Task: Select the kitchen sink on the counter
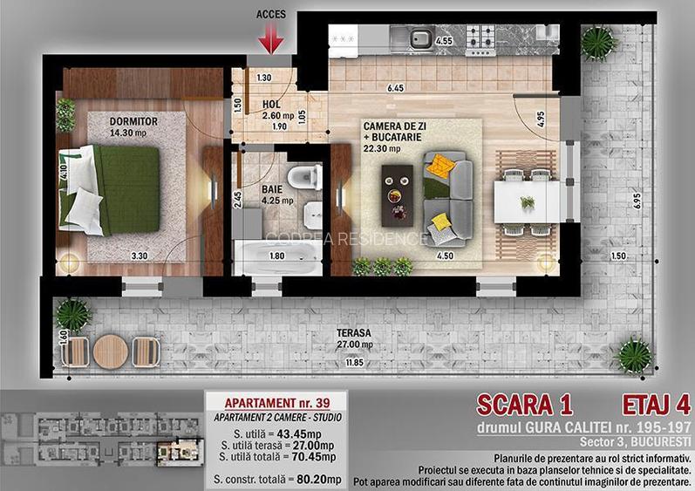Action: point(419,38)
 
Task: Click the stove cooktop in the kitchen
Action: point(480,38)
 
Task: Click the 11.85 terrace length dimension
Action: point(354,362)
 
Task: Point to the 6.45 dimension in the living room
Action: point(395,88)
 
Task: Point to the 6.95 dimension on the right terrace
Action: point(637,200)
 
